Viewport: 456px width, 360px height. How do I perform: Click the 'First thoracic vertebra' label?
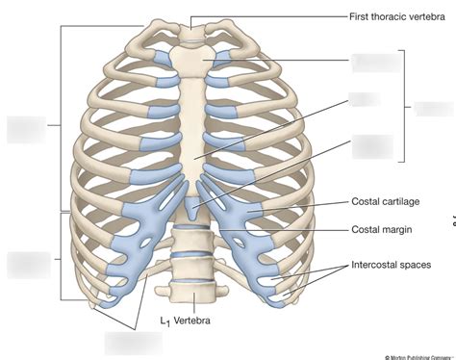[x=396, y=15]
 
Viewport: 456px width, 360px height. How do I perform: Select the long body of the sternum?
[x=195, y=135]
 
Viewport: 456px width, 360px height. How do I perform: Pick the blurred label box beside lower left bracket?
[x=27, y=265]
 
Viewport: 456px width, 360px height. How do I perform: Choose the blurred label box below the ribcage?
[x=132, y=342]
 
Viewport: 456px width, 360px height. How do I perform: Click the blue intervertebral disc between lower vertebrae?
[x=195, y=257]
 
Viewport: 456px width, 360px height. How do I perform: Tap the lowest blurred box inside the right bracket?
[x=371, y=145]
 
